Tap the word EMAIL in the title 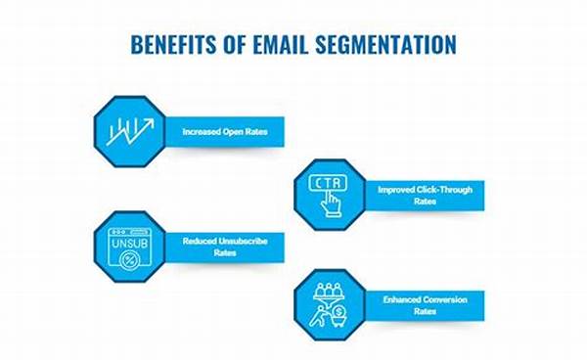[285, 46]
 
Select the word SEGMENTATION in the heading [388, 46]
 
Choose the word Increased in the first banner [201, 129]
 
